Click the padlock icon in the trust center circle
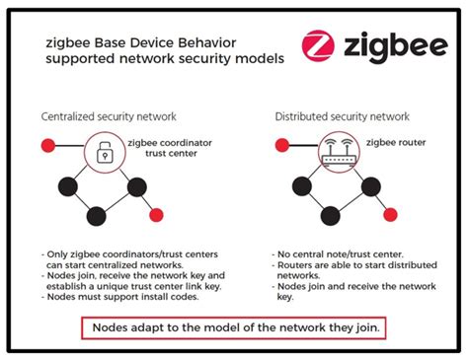click(105, 151)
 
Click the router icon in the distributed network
click(339, 151)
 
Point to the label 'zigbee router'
click(397, 144)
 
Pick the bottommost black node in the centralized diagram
click(96, 214)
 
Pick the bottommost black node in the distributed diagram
click(329, 214)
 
